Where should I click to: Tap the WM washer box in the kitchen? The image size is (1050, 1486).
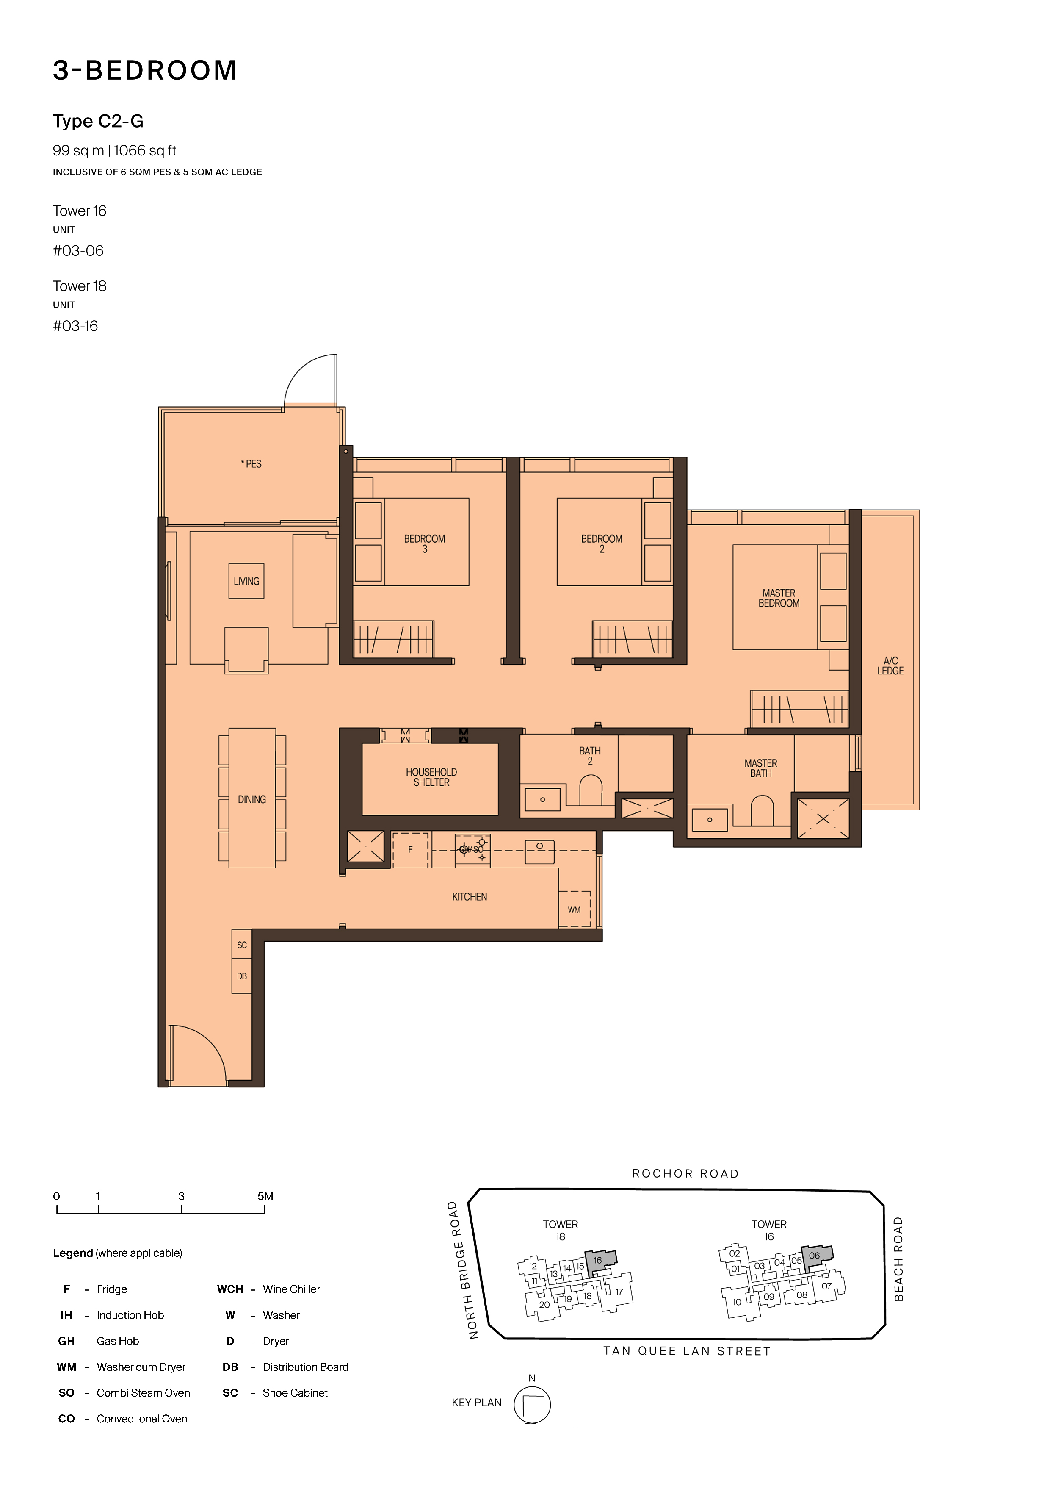click(575, 909)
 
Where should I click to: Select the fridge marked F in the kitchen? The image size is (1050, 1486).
click(410, 850)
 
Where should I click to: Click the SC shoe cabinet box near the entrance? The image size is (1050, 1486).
click(241, 945)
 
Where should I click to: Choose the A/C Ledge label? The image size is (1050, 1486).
click(890, 665)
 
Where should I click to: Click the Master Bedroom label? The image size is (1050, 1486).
click(779, 598)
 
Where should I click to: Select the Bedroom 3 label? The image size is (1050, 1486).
click(424, 543)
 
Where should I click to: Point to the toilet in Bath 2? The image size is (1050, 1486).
click(590, 790)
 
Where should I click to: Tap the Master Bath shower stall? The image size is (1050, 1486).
click(823, 819)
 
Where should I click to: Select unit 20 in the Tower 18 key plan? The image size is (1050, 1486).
click(544, 1305)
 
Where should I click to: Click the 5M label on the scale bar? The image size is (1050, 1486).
click(265, 1196)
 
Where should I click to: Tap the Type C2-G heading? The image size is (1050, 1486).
click(98, 121)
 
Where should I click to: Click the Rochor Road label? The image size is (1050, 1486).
click(685, 1173)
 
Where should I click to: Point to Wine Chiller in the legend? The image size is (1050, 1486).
click(291, 1289)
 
